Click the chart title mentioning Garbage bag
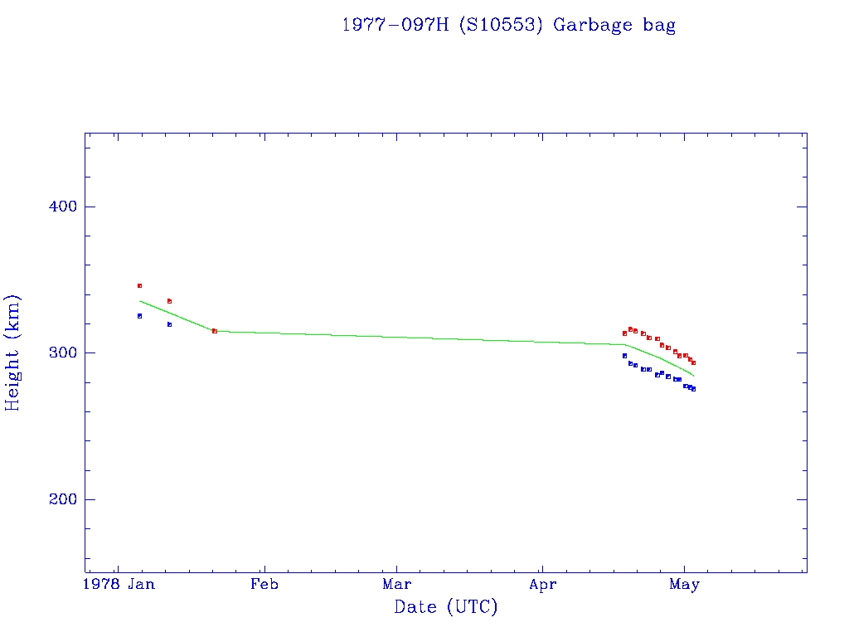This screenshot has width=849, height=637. click(x=508, y=25)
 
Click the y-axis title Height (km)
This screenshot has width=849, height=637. click(x=12, y=353)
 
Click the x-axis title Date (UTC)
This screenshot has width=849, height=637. click(x=446, y=607)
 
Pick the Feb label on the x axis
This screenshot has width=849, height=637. click(x=264, y=585)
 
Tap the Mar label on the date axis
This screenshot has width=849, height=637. click(x=396, y=585)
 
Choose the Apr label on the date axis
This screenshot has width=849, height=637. click(x=542, y=585)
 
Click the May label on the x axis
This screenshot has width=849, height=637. click(x=684, y=585)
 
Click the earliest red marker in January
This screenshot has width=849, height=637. click(x=139, y=285)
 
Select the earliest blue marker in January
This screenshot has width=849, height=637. click(x=139, y=316)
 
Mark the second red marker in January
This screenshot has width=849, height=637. click(x=169, y=301)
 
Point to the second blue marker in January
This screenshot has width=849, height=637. click(x=169, y=324)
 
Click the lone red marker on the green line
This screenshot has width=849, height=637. click(x=215, y=331)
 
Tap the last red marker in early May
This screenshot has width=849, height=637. click(x=693, y=362)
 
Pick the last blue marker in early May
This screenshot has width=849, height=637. click(x=693, y=388)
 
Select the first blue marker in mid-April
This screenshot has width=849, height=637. click(x=624, y=356)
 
